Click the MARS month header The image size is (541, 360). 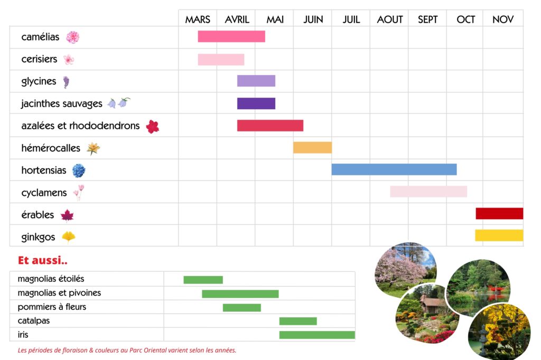click(198, 20)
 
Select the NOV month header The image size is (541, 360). click(503, 20)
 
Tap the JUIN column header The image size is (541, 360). click(313, 20)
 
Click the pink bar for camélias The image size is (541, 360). click(231, 36)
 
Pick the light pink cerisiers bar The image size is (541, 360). click(221, 60)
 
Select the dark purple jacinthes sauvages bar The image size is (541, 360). click(256, 103)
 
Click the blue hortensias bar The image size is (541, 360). click(394, 169)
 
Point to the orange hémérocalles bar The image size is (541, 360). click(312, 148)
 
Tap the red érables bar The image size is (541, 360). click(499, 214)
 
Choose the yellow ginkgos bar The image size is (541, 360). click(499, 235)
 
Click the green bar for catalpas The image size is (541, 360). click(298, 321)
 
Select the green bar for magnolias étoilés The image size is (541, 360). click(203, 280)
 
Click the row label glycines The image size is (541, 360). click(39, 81)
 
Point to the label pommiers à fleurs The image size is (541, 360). click(52, 307)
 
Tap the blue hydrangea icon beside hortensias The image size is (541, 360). click(79, 170)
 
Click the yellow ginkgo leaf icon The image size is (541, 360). click(68, 237)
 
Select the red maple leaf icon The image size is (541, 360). click(67, 215)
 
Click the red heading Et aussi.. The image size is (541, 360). click(43, 260)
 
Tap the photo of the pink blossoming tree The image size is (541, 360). click(404, 268)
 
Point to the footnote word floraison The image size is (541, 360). click(76, 350)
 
